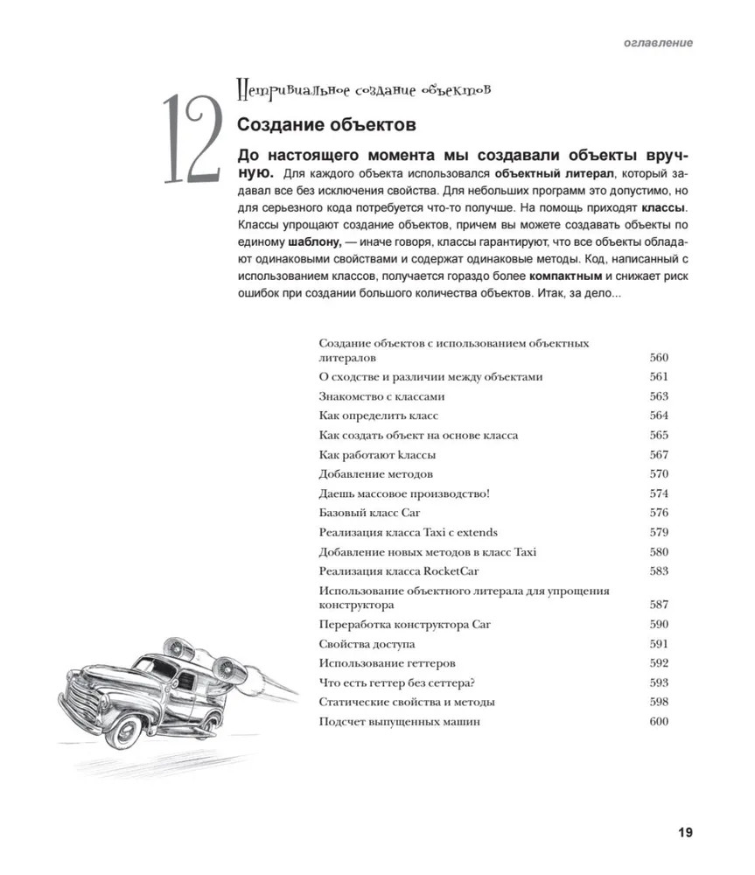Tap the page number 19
(684, 832)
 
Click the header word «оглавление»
(658, 42)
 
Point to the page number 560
(659, 358)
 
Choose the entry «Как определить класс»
(378, 416)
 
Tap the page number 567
(659, 455)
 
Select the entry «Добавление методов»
(375, 474)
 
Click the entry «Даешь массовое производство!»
(404, 493)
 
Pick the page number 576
(659, 513)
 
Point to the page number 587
(659, 605)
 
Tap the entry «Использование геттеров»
(387, 663)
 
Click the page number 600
(659, 722)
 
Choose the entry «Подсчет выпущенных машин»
(399, 722)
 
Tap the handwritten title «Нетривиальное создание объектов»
(363, 89)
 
